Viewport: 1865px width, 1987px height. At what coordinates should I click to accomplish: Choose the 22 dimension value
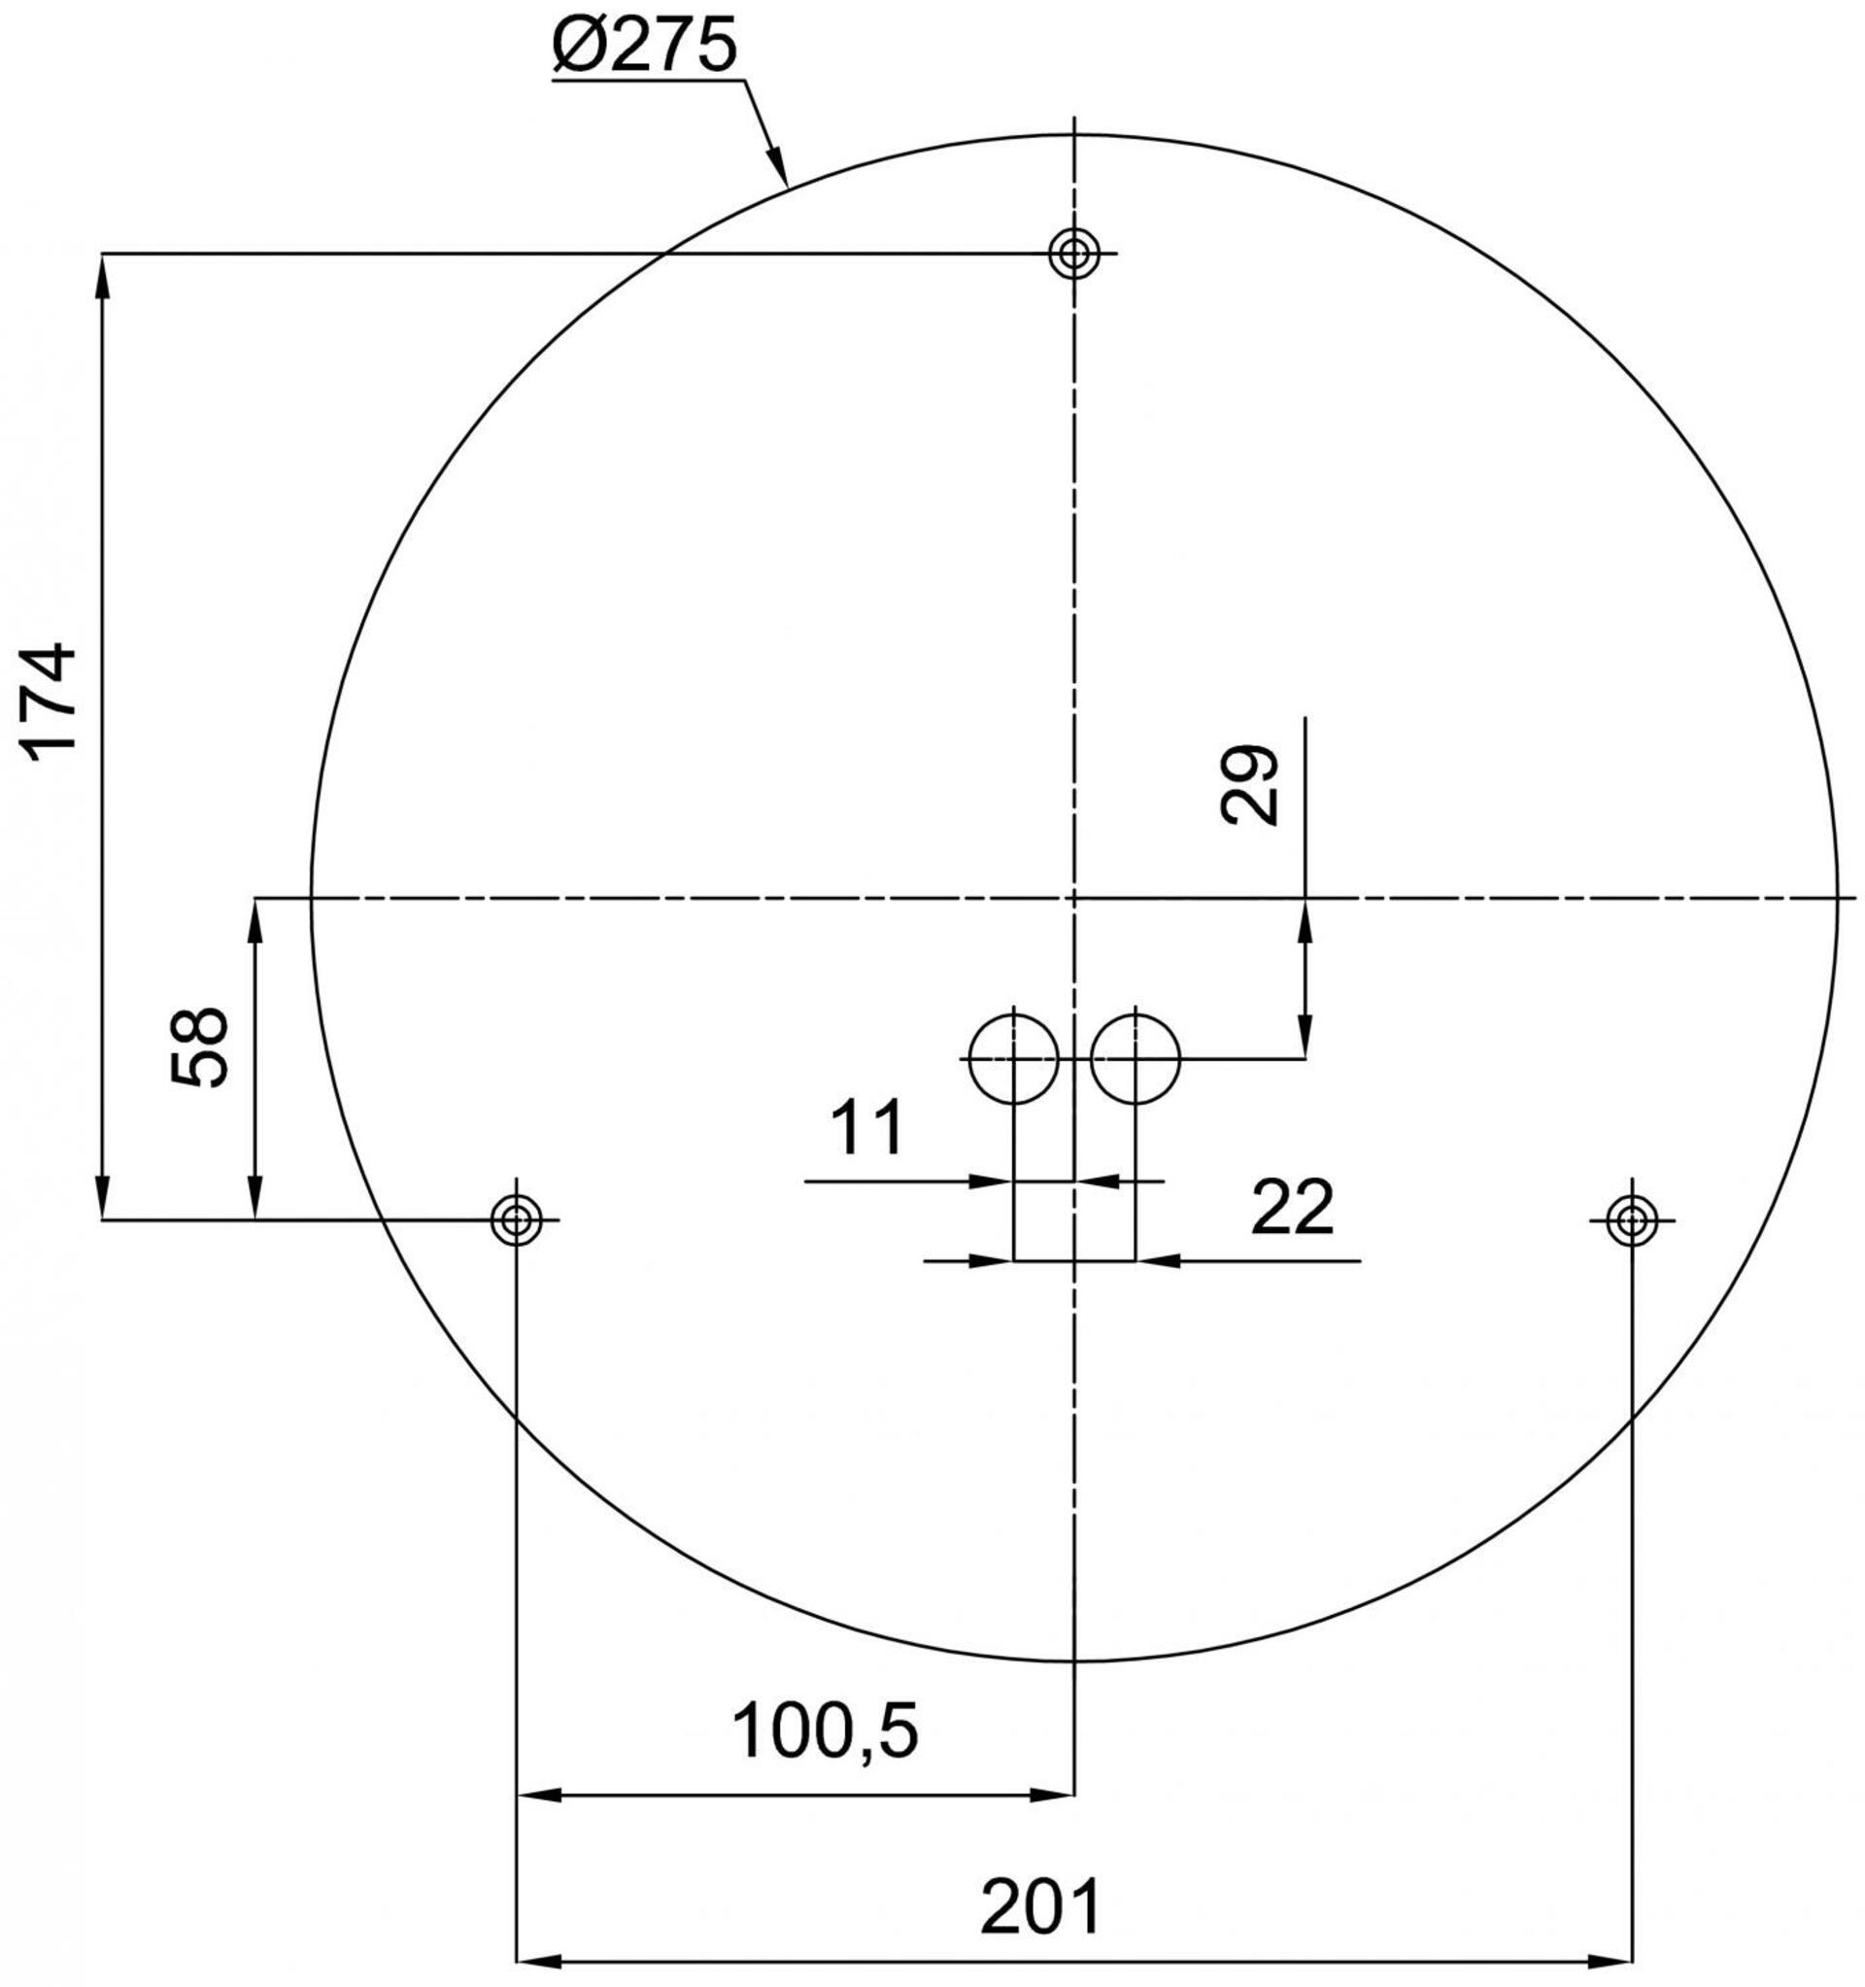click(x=1291, y=1208)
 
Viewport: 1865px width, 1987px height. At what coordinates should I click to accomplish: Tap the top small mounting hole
click(x=1073, y=254)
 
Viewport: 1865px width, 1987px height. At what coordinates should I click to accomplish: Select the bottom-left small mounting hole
click(x=516, y=1219)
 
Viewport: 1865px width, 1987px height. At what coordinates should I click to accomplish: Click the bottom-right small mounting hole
click(x=1631, y=1219)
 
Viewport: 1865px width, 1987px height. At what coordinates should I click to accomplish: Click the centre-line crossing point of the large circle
click(x=1073, y=899)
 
